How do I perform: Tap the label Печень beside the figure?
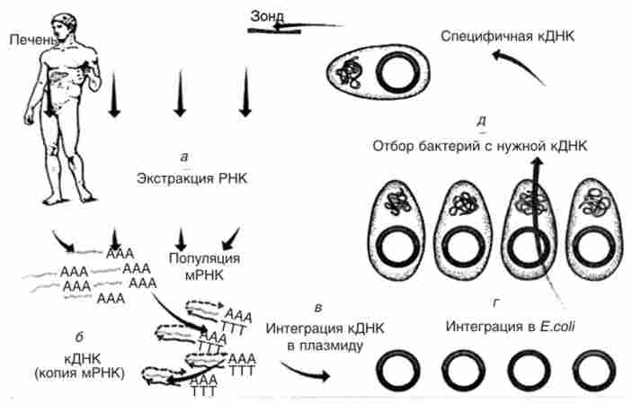[31, 40]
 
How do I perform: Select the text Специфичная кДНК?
[507, 35]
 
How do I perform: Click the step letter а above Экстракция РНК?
[184, 157]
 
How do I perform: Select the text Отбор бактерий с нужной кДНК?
[481, 146]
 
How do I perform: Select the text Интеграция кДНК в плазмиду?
[306, 334]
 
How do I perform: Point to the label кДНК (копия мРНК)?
[79, 365]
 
